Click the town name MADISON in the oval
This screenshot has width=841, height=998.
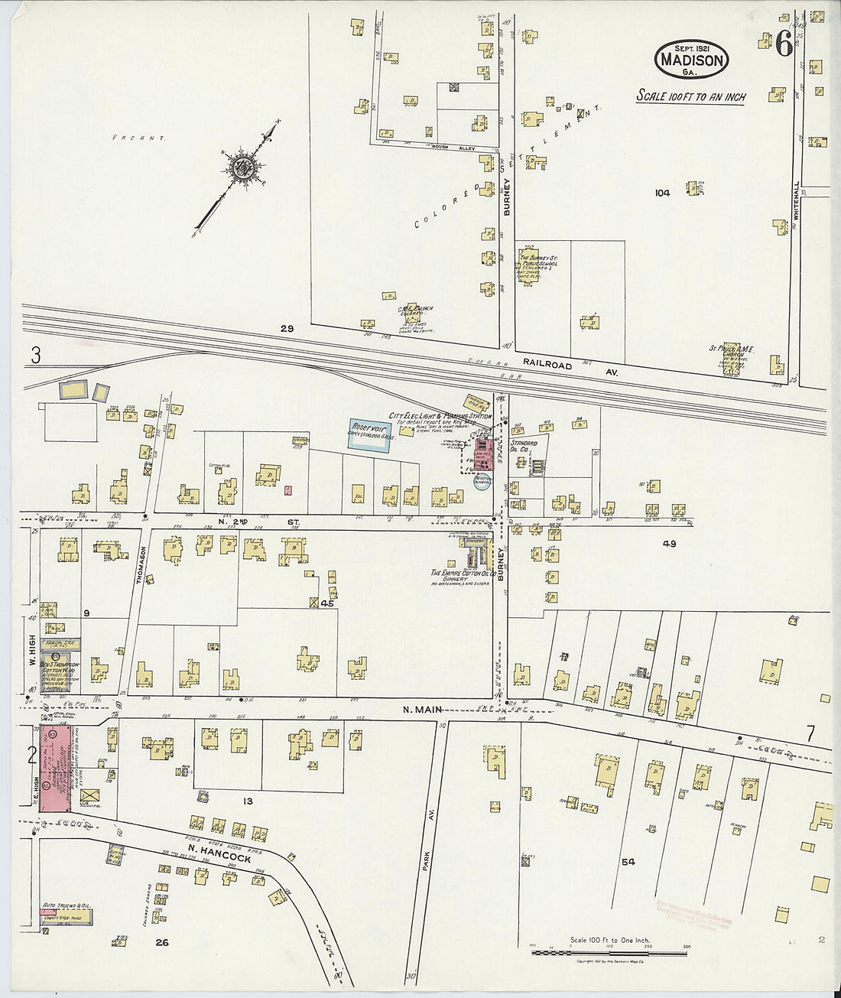pos(691,60)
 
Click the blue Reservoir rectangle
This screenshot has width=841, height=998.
pos(370,434)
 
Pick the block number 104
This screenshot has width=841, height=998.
pos(662,193)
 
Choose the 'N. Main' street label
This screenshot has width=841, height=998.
pos(419,710)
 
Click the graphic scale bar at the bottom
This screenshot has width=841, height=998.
pos(609,954)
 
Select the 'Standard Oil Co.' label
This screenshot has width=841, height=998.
pos(524,446)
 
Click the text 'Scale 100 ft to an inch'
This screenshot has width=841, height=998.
pos(691,97)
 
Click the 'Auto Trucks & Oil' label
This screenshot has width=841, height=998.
pos(67,905)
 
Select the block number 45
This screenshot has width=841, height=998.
pos(328,604)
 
